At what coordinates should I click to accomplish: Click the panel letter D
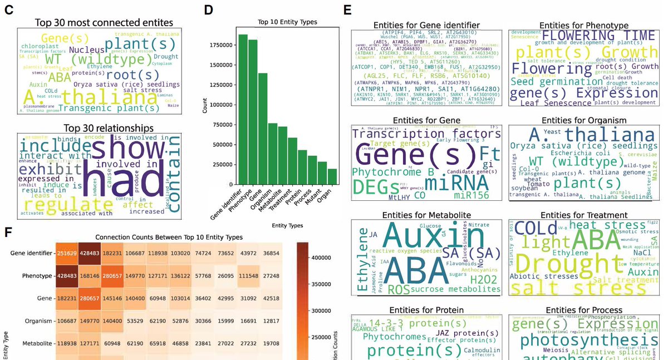pos(208,9)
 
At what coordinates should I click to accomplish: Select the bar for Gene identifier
pos(243,111)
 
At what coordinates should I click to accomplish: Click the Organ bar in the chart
pos(333,177)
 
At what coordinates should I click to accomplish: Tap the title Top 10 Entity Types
pos(287,22)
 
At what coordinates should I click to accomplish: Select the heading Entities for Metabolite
pos(427,215)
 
